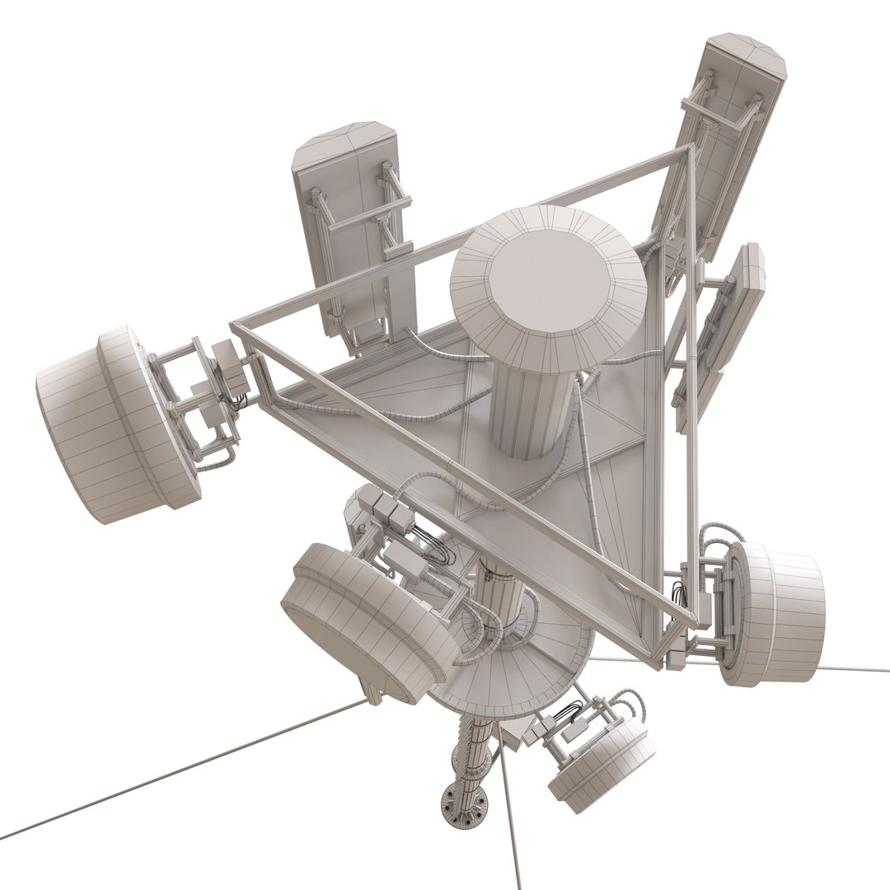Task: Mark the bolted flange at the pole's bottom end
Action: click(463, 803)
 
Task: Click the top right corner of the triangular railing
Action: click(691, 150)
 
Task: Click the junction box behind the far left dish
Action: click(228, 366)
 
